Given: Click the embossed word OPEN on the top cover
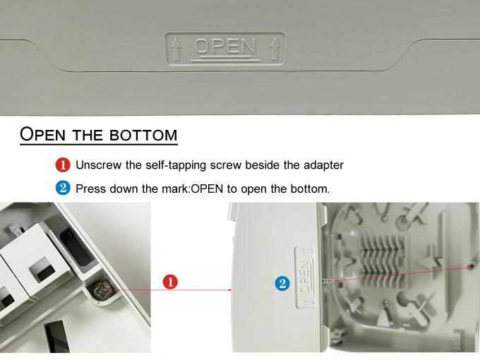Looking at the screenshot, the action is coord(224,46).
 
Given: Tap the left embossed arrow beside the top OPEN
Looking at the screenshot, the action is coord(176,49).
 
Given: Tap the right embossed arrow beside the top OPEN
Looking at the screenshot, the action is coord(275,49).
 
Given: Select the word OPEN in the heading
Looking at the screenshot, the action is coord(42,134).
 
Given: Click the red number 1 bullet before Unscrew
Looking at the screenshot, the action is coord(63,164).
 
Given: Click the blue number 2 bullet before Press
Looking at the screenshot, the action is coord(63,188).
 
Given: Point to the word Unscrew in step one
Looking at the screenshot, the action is coord(98,165).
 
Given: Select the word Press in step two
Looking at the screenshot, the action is coord(90,188).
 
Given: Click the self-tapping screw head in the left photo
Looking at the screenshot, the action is coord(102,289).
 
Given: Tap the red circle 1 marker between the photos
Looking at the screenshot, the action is coord(170,282).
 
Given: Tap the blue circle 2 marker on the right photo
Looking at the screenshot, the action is coord(282,284).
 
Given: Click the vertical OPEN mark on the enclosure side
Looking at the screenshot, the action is coord(305,277).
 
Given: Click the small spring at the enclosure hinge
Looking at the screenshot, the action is coord(328,280).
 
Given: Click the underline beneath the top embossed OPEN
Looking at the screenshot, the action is coord(225,59).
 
